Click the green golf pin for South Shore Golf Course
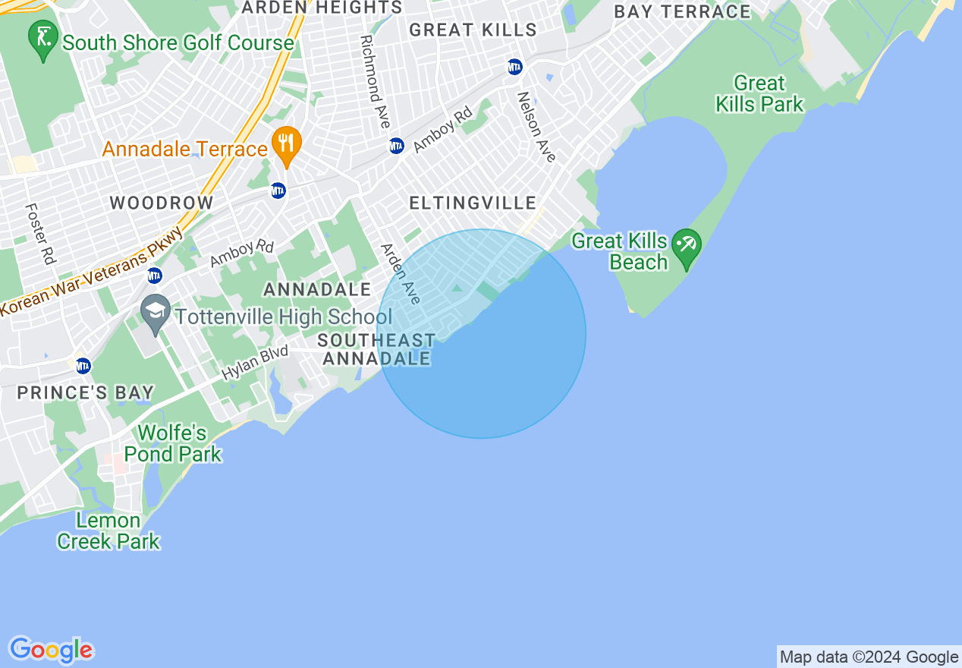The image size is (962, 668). (42, 39)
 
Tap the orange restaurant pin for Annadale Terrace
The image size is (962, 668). (287, 145)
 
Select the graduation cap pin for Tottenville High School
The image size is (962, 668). (156, 313)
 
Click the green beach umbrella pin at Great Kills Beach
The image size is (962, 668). (687, 247)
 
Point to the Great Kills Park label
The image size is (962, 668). (759, 93)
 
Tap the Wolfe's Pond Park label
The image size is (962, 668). (173, 444)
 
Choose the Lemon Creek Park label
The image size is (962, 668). (108, 531)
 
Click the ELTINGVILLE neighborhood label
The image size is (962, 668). (473, 203)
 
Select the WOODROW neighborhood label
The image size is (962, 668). (162, 203)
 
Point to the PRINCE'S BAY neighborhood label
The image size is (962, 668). (86, 392)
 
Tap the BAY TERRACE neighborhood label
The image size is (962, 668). (682, 12)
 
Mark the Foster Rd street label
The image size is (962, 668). (41, 233)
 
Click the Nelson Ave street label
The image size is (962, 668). (536, 127)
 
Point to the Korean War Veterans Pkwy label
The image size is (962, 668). (91, 271)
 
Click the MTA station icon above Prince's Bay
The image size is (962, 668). (83, 366)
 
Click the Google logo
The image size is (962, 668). (51, 650)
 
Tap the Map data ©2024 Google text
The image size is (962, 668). (869, 657)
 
